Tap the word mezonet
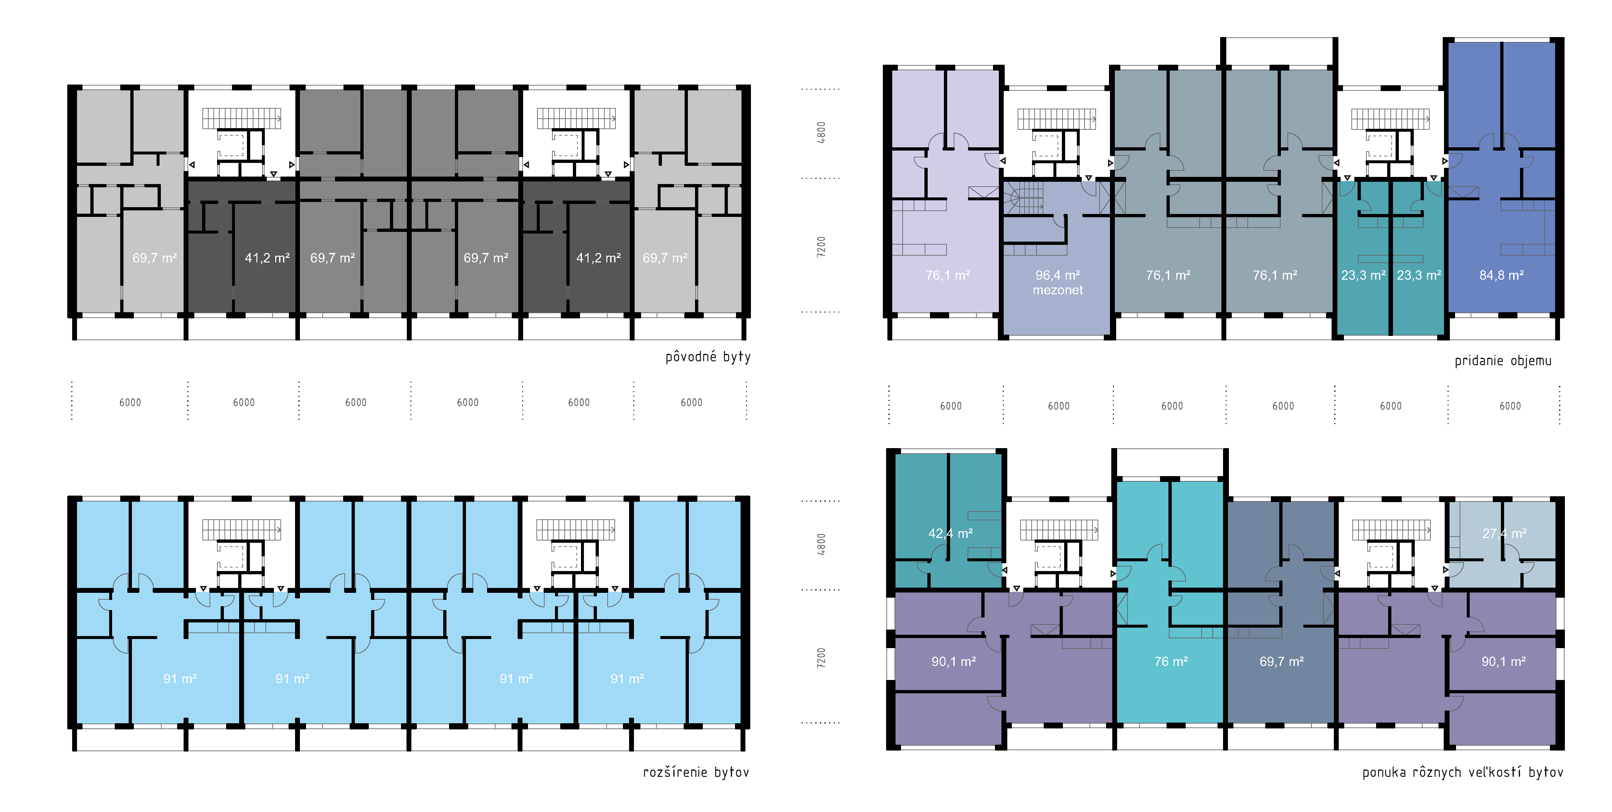(1058, 290)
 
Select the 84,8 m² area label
(1501, 275)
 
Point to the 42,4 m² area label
(950, 533)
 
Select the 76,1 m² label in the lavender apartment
(948, 275)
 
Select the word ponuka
(1383, 773)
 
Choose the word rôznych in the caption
(1436, 773)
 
